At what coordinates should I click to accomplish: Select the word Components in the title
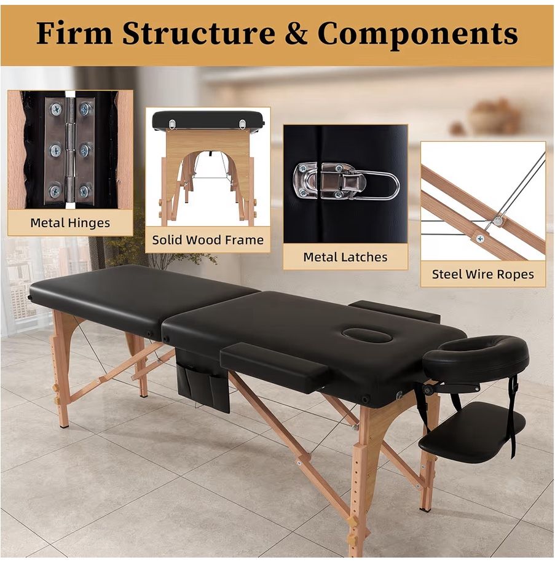tap(417, 34)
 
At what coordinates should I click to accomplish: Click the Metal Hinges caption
tap(69, 223)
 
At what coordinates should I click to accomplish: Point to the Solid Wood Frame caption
tap(208, 240)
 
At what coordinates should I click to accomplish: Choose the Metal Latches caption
tap(345, 257)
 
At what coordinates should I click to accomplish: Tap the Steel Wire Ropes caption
tap(482, 274)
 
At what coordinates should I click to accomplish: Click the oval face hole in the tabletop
tap(367, 335)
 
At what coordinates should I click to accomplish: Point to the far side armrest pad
tap(395, 310)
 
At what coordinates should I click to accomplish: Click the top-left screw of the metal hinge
tap(56, 110)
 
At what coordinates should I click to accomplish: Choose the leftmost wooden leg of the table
tap(60, 368)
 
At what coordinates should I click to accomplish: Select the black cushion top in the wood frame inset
tap(208, 120)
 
